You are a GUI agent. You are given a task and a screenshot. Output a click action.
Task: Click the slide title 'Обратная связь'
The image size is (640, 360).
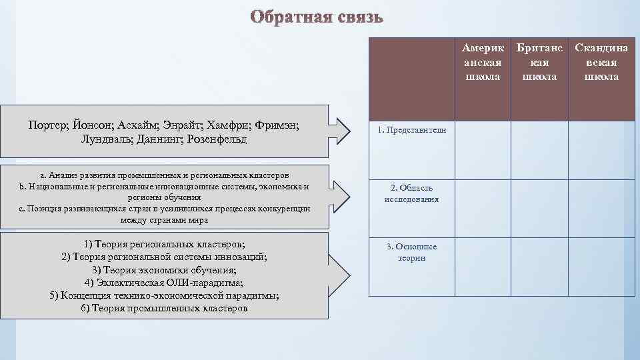(x=317, y=17)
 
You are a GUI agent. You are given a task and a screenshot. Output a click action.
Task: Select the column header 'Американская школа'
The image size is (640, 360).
(x=483, y=62)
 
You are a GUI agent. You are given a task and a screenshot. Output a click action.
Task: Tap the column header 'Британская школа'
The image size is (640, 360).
(x=539, y=62)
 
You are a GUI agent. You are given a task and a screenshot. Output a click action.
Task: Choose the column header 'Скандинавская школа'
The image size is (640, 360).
(x=601, y=62)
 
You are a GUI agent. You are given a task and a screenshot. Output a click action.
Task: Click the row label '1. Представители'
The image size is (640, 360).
(x=411, y=130)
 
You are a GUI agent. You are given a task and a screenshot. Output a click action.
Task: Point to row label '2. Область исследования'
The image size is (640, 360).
(x=411, y=193)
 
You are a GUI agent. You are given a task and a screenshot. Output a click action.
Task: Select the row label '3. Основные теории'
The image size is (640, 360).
(x=411, y=252)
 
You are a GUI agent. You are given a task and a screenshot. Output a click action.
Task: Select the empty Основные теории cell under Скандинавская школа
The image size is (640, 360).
(x=601, y=267)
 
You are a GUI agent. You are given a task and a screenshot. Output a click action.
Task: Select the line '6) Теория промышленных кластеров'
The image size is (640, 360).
(x=164, y=308)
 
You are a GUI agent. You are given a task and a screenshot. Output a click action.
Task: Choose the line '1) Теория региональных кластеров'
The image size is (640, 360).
(x=164, y=244)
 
